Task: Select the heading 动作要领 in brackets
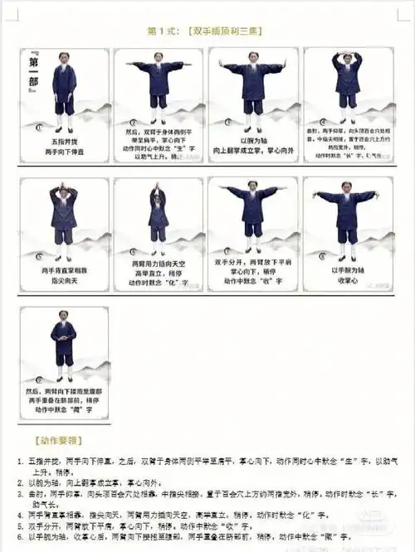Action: (x=65, y=439)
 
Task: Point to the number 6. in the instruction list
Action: (x=20, y=535)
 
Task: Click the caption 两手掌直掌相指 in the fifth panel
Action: (x=64, y=270)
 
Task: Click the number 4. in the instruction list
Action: (x=20, y=514)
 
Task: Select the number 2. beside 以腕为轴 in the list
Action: (x=20, y=482)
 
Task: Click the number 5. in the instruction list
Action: (x=20, y=525)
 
